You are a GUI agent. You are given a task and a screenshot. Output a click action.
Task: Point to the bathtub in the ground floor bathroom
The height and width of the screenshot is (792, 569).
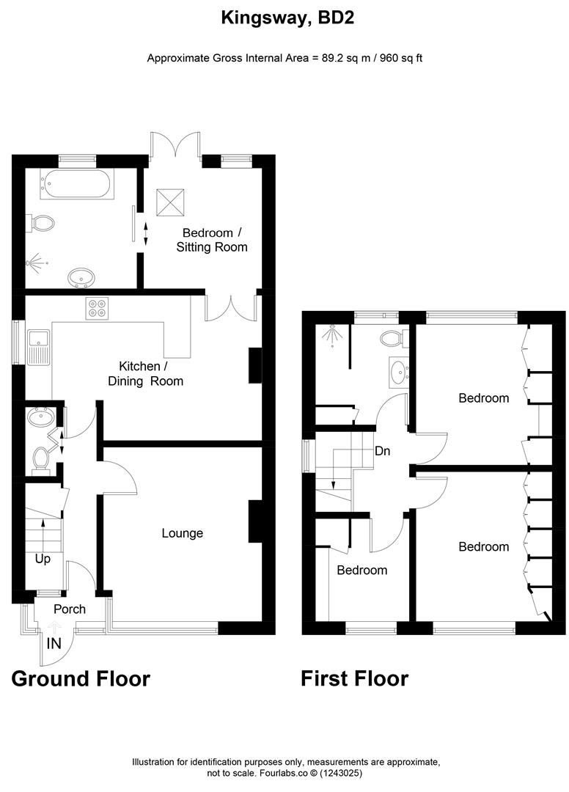click(x=77, y=184)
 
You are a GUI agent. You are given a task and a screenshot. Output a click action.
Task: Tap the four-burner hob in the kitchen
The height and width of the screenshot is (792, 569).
click(x=98, y=308)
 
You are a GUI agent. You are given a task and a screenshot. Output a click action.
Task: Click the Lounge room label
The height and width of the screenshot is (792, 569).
click(x=183, y=533)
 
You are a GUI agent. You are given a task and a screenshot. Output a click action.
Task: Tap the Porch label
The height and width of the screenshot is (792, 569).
click(x=70, y=609)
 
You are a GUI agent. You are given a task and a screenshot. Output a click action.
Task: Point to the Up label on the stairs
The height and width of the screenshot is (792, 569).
click(x=43, y=559)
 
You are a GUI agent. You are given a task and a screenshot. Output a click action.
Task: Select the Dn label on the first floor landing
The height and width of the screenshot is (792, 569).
click(x=382, y=452)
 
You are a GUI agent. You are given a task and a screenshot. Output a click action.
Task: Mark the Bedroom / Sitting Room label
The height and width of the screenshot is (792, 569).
click(x=213, y=240)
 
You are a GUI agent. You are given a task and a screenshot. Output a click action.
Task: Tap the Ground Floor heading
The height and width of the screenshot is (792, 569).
click(x=81, y=679)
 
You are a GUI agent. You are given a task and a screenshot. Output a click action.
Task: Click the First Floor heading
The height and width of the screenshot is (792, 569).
click(x=354, y=679)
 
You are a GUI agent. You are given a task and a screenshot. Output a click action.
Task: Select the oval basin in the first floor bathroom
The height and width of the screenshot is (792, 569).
click(x=397, y=372)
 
